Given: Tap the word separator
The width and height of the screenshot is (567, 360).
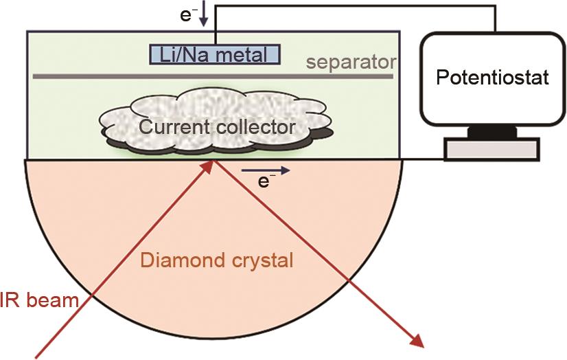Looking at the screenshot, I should tap(351, 63).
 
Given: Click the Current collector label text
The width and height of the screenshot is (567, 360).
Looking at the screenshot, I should tap(217, 126).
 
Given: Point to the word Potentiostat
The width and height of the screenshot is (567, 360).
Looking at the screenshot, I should tap(493, 77).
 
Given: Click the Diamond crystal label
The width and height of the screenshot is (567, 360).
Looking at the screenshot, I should tap(217, 260).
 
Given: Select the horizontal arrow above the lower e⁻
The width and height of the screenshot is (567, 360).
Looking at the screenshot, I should tap(266, 169).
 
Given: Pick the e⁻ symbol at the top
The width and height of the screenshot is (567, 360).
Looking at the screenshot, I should tap(187, 14).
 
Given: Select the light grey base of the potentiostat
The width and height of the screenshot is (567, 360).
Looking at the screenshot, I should tap(491, 148).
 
